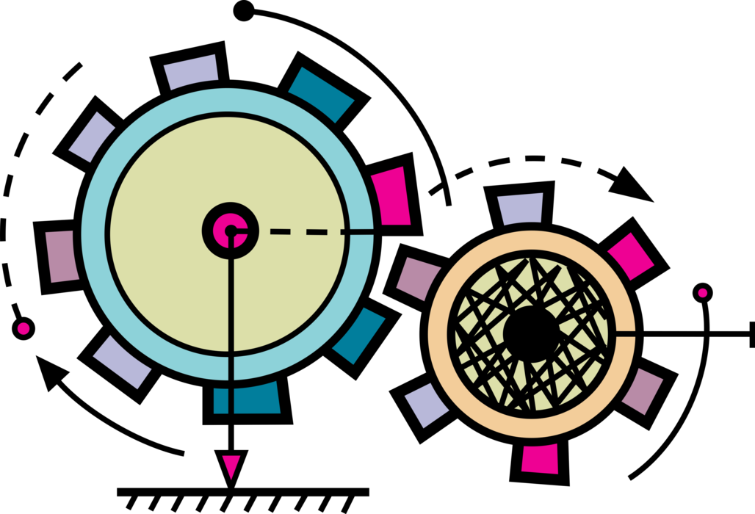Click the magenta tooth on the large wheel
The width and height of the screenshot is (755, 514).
[391, 197]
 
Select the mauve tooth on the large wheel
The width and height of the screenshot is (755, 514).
[62, 256]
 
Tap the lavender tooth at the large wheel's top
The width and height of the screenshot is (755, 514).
[191, 71]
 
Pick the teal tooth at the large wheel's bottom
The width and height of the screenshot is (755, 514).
[248, 399]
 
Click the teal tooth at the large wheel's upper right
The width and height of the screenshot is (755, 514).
[321, 94]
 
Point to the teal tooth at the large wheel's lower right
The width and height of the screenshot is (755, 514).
[359, 336]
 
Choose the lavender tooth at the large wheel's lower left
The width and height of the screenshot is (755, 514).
[122, 361]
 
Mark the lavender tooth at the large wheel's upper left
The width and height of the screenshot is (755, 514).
[92, 137]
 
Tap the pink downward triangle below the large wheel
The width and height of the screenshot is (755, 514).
[231, 466]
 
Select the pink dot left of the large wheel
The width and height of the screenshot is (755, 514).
[24, 328]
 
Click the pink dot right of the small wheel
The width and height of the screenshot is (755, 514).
[703, 293]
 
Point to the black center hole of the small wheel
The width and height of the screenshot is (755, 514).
[531, 334]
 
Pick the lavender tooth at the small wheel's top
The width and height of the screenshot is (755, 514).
[521, 209]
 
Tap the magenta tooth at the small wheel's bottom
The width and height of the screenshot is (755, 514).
[540, 459]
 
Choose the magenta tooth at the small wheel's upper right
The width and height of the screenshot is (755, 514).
[631, 256]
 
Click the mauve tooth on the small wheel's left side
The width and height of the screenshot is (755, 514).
[418, 278]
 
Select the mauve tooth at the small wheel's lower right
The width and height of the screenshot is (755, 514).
[643, 391]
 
